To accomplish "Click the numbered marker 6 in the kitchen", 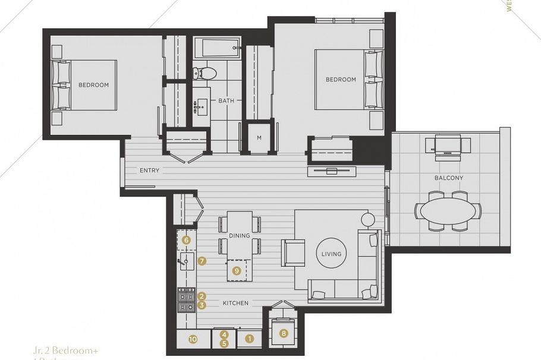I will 186,241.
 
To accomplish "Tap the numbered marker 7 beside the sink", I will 202,260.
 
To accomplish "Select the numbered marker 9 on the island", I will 236,270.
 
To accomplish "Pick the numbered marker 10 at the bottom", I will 193,339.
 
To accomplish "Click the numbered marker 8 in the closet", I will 284,333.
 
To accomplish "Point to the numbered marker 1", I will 250,339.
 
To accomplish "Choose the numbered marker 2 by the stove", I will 202,296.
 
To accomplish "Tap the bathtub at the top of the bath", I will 216,46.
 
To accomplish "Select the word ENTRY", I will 149,171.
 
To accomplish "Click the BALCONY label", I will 449,178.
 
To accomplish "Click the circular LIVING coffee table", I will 331,254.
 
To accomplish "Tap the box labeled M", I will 259,138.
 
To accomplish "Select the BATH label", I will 226,101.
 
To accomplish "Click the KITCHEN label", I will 235,304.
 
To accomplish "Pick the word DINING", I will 239,236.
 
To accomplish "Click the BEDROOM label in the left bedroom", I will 93,85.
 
